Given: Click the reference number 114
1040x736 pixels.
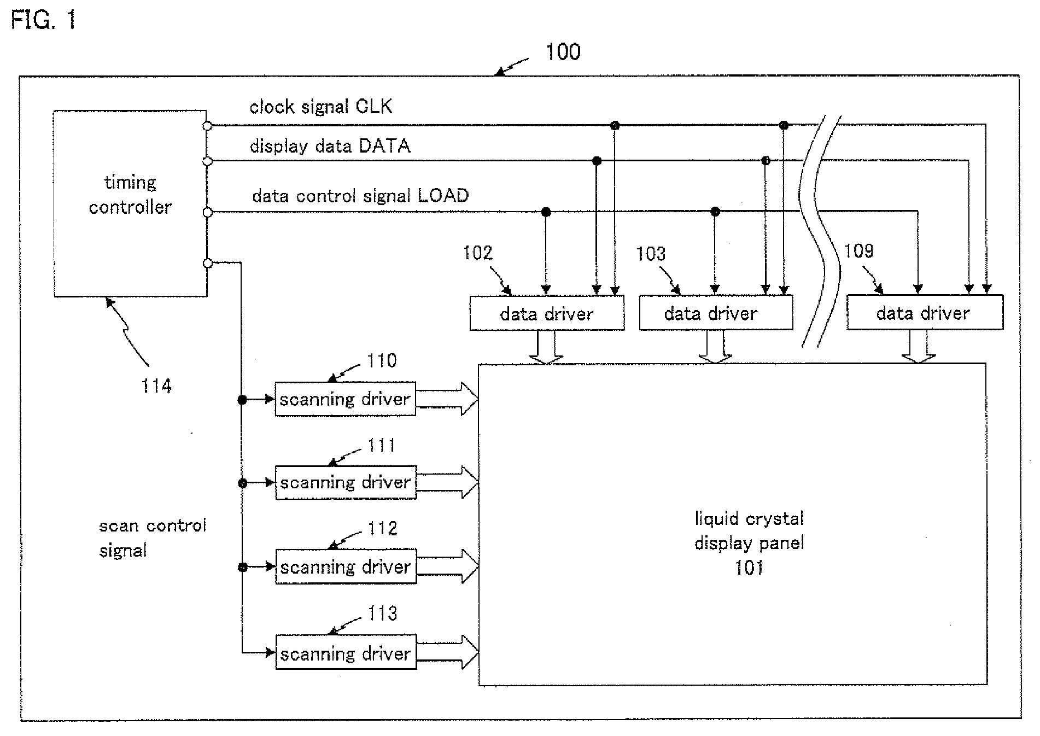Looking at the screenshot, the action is coord(156,386).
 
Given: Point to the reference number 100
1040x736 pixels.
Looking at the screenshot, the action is coord(563,52).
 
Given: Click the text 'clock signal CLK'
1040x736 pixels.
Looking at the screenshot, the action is coord(321,106).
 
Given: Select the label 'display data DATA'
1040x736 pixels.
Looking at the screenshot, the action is coord(330,146).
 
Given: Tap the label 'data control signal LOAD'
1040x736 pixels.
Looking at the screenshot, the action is coord(360,196).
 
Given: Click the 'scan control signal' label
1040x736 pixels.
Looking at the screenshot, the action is coord(153,538).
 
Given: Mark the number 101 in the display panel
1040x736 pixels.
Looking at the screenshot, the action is coord(749,568).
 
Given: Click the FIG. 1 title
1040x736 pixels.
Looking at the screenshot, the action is coord(43,21).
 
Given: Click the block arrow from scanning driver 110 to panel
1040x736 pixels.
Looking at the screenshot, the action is coord(447,399).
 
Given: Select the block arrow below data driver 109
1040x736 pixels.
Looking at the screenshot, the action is coord(919,346).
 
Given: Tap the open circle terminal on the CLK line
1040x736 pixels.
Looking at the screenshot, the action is coord(207,126).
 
